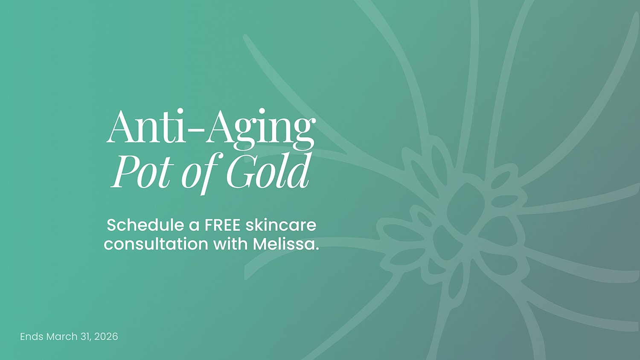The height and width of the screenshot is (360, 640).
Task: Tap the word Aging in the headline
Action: [260, 128]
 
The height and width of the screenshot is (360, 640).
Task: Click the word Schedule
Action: [145, 225]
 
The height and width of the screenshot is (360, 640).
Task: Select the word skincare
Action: [281, 225]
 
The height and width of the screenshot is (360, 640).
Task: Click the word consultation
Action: [156, 244]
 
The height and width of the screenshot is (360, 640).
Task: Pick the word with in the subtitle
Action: [230, 244]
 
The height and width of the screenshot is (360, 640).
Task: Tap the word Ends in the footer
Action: [32, 337]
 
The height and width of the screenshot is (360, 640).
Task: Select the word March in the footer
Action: [62, 337]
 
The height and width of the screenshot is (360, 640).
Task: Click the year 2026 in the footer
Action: [106, 337]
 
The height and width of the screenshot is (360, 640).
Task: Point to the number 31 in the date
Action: [85, 337]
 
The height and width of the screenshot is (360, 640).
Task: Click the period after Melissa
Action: [317, 249]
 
